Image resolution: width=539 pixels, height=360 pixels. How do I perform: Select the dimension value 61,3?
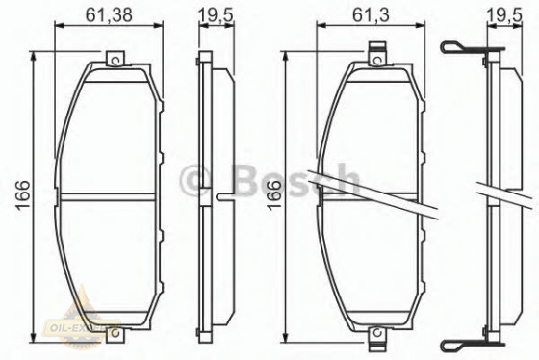(x=364, y=13)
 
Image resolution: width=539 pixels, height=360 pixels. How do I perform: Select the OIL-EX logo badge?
(x=81, y=333)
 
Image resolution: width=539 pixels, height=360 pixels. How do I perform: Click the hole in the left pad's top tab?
(x=115, y=61)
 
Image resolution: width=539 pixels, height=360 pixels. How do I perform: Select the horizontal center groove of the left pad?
(x=111, y=196)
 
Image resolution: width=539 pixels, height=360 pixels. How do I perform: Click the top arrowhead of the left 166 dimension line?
(x=37, y=57)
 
